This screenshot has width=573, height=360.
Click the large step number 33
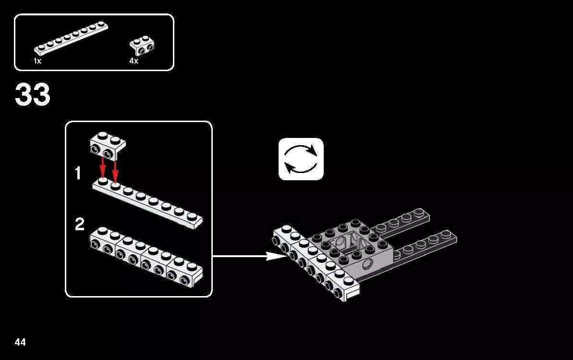[x=33, y=94]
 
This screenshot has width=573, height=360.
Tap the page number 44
[x=20, y=342]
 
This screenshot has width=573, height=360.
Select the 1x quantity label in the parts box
[x=37, y=61]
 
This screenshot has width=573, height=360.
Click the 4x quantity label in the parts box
[x=134, y=61]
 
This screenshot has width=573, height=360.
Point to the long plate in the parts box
[x=71, y=37]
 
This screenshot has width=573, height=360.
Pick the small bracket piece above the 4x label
[x=142, y=45]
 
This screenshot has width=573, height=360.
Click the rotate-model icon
[x=301, y=159]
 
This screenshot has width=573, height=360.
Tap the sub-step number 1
[x=78, y=173]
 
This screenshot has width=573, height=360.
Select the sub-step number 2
[x=80, y=224]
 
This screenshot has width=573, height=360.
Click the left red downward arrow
[x=103, y=168]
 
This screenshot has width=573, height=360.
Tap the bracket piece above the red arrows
[x=108, y=146]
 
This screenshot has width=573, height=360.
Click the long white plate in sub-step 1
[x=147, y=203]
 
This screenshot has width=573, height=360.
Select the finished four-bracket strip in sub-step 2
[x=146, y=256]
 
